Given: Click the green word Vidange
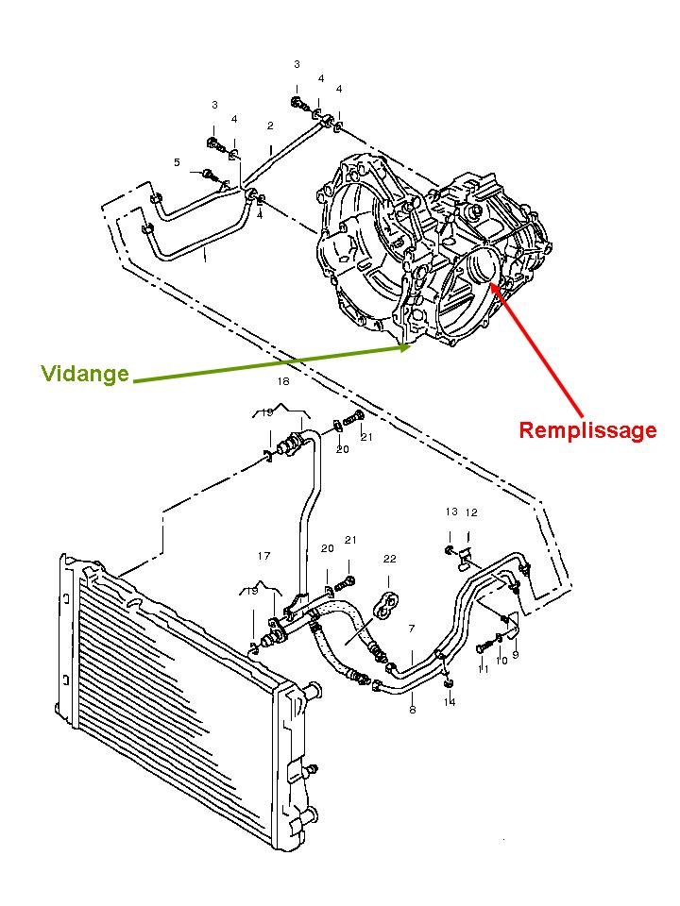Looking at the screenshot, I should click(x=85, y=374).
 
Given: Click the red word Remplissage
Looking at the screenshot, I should click(x=587, y=431).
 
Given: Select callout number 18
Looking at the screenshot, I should click(x=283, y=382).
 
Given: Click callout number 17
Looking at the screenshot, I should click(x=264, y=556).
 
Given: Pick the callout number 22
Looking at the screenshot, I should click(x=389, y=559).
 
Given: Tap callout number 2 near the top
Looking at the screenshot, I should click(x=270, y=126).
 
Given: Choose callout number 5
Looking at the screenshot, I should click(x=177, y=163).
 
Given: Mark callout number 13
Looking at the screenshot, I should click(x=451, y=512).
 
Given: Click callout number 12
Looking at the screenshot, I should click(x=471, y=512).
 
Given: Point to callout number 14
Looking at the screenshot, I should click(x=450, y=702).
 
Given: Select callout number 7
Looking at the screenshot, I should click(x=412, y=628).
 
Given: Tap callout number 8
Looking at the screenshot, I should click(x=412, y=710).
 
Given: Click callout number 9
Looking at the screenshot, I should click(x=516, y=655).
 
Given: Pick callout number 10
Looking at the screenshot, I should click(x=501, y=661).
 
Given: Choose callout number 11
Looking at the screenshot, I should click(x=484, y=668).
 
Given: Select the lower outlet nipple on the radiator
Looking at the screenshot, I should click(x=307, y=771).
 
